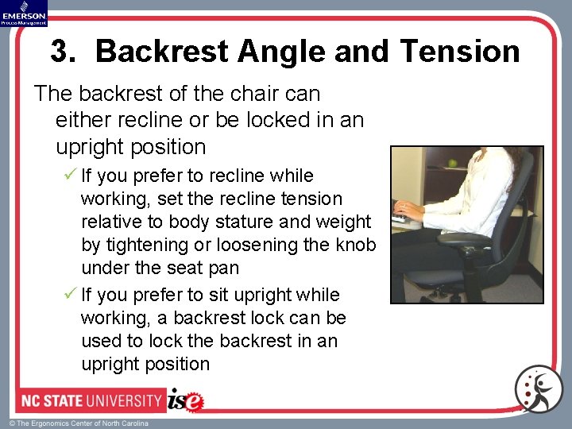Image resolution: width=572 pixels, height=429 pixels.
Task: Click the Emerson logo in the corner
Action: point(24,13)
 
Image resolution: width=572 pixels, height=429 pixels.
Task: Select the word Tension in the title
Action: point(461,52)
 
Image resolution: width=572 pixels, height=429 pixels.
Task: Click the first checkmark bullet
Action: point(70,176)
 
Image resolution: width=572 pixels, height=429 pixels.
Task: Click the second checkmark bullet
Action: point(70,295)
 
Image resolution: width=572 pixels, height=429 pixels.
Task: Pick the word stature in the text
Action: point(256,222)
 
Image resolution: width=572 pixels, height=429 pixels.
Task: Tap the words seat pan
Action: point(206,268)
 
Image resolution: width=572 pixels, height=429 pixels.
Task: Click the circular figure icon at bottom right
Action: point(538,390)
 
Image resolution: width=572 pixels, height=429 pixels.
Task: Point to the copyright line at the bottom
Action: point(79,423)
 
